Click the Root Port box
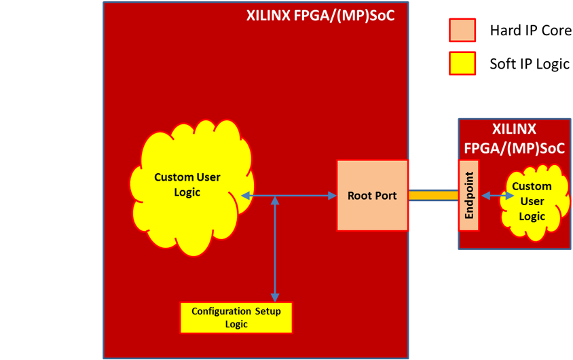pos(372,196)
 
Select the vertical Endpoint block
pos(469,196)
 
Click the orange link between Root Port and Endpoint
pos(433,196)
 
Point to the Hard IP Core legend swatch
pos(462,31)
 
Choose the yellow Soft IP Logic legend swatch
pos(462,64)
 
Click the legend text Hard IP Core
pos(530,31)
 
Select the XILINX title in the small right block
pos(514,129)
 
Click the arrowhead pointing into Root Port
pos(333,196)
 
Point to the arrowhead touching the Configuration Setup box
pos(275,297)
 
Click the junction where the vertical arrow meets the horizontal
pos(275,196)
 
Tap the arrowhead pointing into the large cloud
pos(244,196)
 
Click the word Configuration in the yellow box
pos(222,312)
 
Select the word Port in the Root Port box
pos(385,196)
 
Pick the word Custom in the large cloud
pos(173,177)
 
